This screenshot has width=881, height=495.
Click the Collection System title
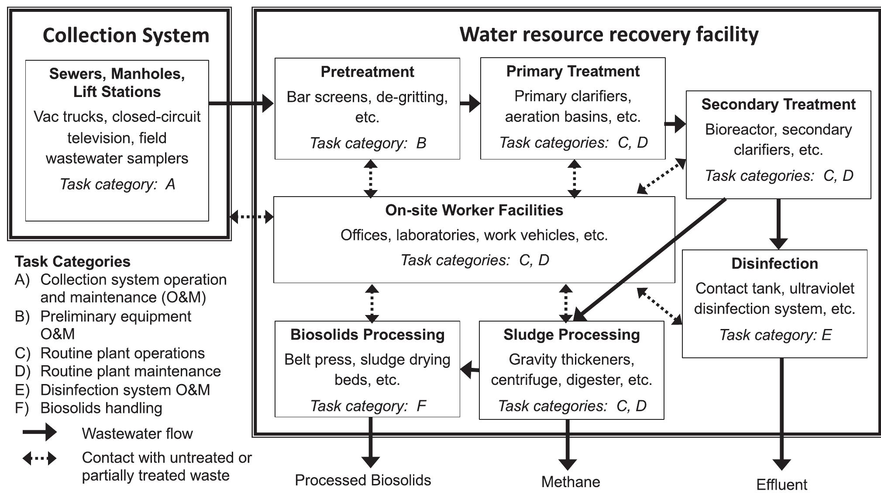click(126, 36)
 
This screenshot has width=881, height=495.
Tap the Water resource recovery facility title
click(609, 34)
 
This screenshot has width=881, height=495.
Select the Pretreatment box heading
click(367, 72)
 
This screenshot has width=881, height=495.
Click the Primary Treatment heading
click(573, 71)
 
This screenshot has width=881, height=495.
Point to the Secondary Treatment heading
click(778, 104)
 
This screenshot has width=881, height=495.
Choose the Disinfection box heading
click(774, 263)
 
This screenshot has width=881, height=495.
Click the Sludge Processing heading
click(571, 335)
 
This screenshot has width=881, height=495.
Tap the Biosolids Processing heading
click(367, 335)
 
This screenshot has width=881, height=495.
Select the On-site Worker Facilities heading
click(474, 210)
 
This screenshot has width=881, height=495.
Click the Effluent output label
click(781, 485)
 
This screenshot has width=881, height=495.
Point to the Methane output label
click(571, 482)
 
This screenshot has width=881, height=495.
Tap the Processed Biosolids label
click(363, 480)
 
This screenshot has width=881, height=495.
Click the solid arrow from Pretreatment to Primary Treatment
click(470, 104)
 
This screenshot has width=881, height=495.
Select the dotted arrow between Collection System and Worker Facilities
click(251, 216)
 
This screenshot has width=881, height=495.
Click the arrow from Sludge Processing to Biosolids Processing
click(470, 370)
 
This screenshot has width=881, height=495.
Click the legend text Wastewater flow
click(137, 433)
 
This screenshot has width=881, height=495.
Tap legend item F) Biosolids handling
click(101, 408)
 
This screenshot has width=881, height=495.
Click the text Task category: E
click(775, 335)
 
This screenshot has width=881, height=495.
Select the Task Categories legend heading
click(72, 262)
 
